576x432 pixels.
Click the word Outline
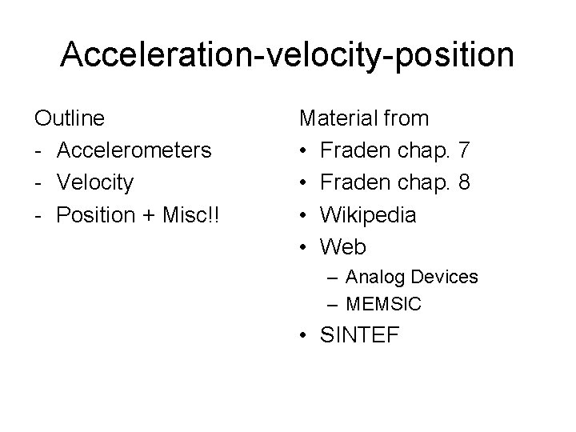pyautogui.click(x=69, y=118)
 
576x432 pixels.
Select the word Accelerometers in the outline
pyautogui.click(x=134, y=150)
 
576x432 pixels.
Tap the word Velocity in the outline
pyautogui.click(x=95, y=182)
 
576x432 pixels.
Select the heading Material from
pyautogui.click(x=364, y=118)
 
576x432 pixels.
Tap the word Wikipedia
pyautogui.click(x=368, y=214)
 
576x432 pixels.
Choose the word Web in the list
pyautogui.click(x=343, y=246)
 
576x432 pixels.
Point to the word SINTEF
pyautogui.click(x=358, y=335)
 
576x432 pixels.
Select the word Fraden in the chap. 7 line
pyautogui.click(x=352, y=150)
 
